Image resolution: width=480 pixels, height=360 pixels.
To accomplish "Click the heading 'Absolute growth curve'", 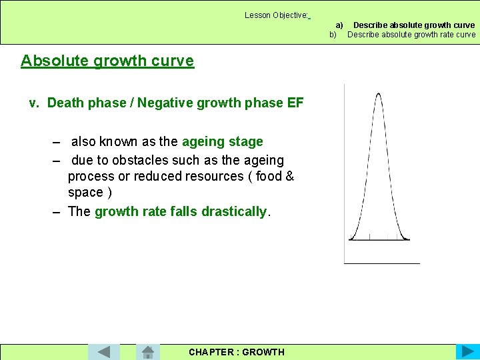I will pyautogui.click(x=107, y=61).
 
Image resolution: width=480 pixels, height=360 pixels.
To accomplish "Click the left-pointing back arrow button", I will pyautogui.click(x=103, y=351).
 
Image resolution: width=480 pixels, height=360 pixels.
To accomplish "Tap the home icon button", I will pyautogui.click(x=148, y=351).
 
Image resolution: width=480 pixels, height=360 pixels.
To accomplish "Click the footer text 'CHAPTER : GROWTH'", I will pyautogui.click(x=236, y=352).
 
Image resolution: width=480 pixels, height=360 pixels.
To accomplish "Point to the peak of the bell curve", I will pyautogui.click(x=379, y=95).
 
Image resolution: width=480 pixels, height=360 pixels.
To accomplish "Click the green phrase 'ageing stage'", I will pyautogui.click(x=222, y=141).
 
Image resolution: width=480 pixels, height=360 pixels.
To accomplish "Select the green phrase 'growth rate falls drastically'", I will pyautogui.click(x=181, y=211).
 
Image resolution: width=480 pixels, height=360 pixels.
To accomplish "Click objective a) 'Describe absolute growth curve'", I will pyautogui.click(x=413, y=25).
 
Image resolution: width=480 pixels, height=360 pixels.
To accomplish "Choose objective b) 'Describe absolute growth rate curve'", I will pyautogui.click(x=411, y=35).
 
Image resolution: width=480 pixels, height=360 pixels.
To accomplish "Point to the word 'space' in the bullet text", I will pyautogui.click(x=85, y=193).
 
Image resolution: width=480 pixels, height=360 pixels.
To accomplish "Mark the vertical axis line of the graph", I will pyautogui.click(x=345, y=173).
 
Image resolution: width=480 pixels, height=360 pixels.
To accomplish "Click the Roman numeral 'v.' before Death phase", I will pyautogui.click(x=35, y=103).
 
